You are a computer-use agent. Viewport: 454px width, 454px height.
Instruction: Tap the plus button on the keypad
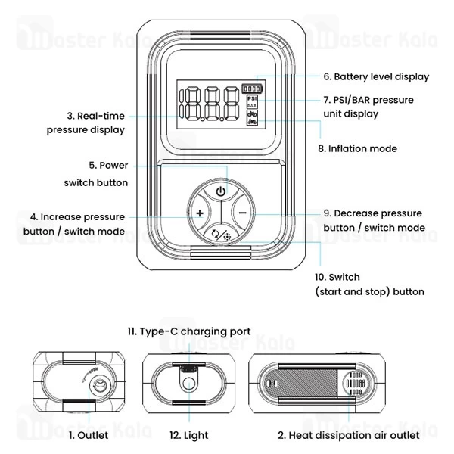click(199, 214)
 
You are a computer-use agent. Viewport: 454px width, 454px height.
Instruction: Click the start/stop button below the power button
click(220, 235)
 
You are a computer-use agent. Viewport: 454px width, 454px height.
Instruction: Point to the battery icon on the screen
click(252, 88)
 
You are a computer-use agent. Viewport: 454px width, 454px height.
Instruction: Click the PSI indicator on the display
click(252, 99)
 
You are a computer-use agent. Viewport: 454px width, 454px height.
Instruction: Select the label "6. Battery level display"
click(375, 76)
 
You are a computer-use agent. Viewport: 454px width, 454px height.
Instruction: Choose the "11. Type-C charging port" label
click(188, 331)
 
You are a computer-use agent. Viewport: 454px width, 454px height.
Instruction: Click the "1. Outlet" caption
click(89, 435)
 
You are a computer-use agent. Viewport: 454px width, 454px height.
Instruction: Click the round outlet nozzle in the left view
click(98, 386)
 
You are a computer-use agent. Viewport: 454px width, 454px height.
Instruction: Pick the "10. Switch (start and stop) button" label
click(368, 284)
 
